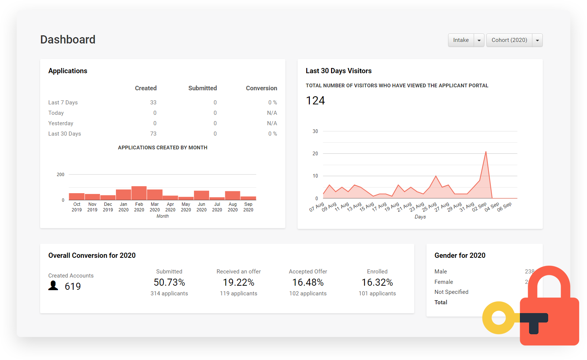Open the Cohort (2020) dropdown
(x=537, y=40)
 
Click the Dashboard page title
(x=68, y=39)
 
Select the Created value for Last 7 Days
(x=153, y=103)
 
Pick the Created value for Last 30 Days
(x=153, y=134)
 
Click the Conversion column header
(x=261, y=88)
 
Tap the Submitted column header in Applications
(x=202, y=88)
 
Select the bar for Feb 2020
(x=139, y=193)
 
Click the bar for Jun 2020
(x=201, y=195)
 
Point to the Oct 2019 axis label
(x=77, y=207)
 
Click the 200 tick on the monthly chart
(x=61, y=175)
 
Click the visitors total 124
(x=315, y=101)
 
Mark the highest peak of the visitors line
(x=486, y=152)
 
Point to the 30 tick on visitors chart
(x=315, y=131)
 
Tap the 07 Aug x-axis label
(x=317, y=207)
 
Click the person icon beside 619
(x=53, y=285)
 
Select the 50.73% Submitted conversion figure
(x=169, y=283)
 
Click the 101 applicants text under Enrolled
(x=377, y=293)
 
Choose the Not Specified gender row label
(x=451, y=292)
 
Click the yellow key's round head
(x=499, y=318)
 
